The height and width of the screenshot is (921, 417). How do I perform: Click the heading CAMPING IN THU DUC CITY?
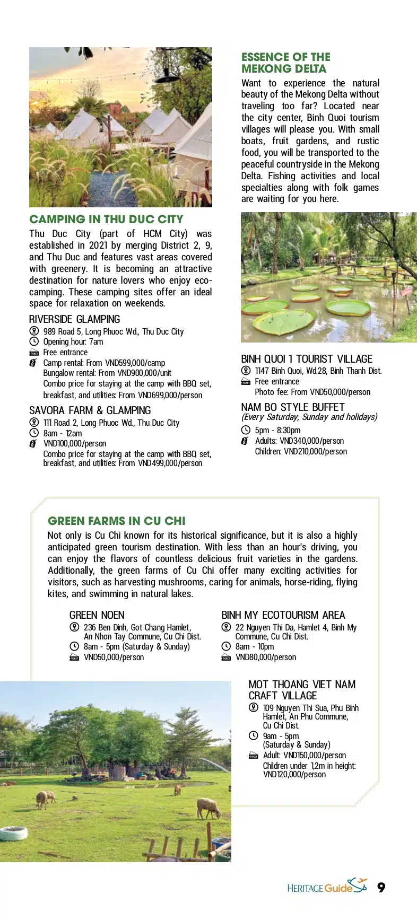coord(106,219)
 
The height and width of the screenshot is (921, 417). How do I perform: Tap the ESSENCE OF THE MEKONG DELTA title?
coord(285,63)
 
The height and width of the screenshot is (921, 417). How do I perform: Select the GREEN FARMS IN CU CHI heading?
coord(116,521)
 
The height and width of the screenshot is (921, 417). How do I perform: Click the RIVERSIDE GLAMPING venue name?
coord(74,319)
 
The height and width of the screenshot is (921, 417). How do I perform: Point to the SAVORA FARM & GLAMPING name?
coord(90,410)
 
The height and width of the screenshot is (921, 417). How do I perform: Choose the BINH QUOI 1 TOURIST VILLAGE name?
coord(307,359)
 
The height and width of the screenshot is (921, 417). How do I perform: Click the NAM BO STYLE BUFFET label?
coord(292,407)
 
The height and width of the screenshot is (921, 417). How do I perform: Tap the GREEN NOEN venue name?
coord(97,615)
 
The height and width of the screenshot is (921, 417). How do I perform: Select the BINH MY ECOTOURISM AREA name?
coord(283,615)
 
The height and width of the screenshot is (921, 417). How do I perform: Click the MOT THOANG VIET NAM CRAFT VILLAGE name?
coord(301,690)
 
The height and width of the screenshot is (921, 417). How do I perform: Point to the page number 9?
coord(381,888)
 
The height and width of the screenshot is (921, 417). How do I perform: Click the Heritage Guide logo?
coord(327,887)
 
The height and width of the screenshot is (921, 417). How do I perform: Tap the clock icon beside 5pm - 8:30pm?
coord(246,430)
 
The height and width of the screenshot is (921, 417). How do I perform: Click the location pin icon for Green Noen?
coord(74,627)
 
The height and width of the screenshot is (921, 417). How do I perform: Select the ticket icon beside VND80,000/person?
coord(226,657)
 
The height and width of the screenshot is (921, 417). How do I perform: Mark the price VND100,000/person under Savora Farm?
coord(75,443)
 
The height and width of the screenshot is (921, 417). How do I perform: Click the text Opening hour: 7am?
coord(73,342)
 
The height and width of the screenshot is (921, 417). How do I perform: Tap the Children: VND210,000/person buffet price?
coord(301,452)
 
